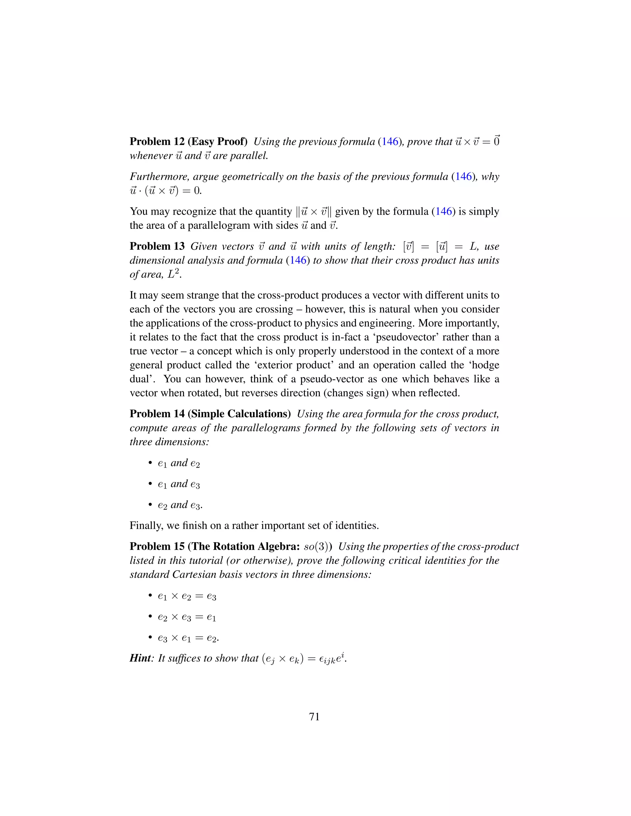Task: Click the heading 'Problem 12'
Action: (x=157, y=142)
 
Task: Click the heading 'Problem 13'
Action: (x=157, y=246)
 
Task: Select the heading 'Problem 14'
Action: (x=157, y=414)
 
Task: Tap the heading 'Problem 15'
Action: (x=157, y=546)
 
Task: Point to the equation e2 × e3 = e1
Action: (x=187, y=617)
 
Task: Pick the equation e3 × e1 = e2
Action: (x=188, y=638)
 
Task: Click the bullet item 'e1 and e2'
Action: (x=179, y=463)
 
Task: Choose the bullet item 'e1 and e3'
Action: (x=179, y=484)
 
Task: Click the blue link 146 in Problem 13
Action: (x=298, y=261)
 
